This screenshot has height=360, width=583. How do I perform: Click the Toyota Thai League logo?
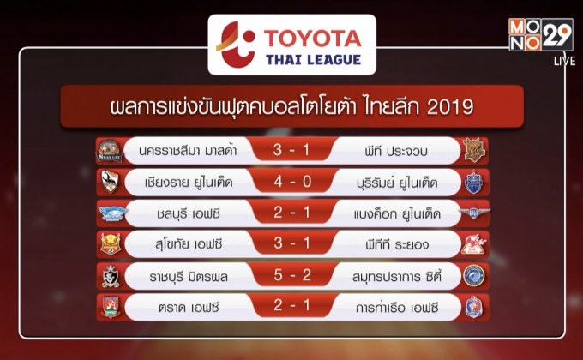click(291, 47)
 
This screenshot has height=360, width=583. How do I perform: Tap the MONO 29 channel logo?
click(539, 35)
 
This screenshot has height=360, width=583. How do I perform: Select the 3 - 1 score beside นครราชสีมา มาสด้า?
click(291, 151)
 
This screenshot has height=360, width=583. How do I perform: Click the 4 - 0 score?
click(291, 182)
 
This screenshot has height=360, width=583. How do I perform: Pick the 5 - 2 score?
click(291, 275)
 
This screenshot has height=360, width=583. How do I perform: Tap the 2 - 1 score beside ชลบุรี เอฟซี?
click(291, 213)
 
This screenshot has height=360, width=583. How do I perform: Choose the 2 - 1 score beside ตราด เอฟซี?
click(291, 307)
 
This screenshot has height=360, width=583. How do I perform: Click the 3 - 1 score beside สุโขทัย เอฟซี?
click(291, 244)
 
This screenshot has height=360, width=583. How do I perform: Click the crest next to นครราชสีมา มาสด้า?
click(110, 151)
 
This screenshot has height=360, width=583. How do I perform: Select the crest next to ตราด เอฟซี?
click(110, 307)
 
